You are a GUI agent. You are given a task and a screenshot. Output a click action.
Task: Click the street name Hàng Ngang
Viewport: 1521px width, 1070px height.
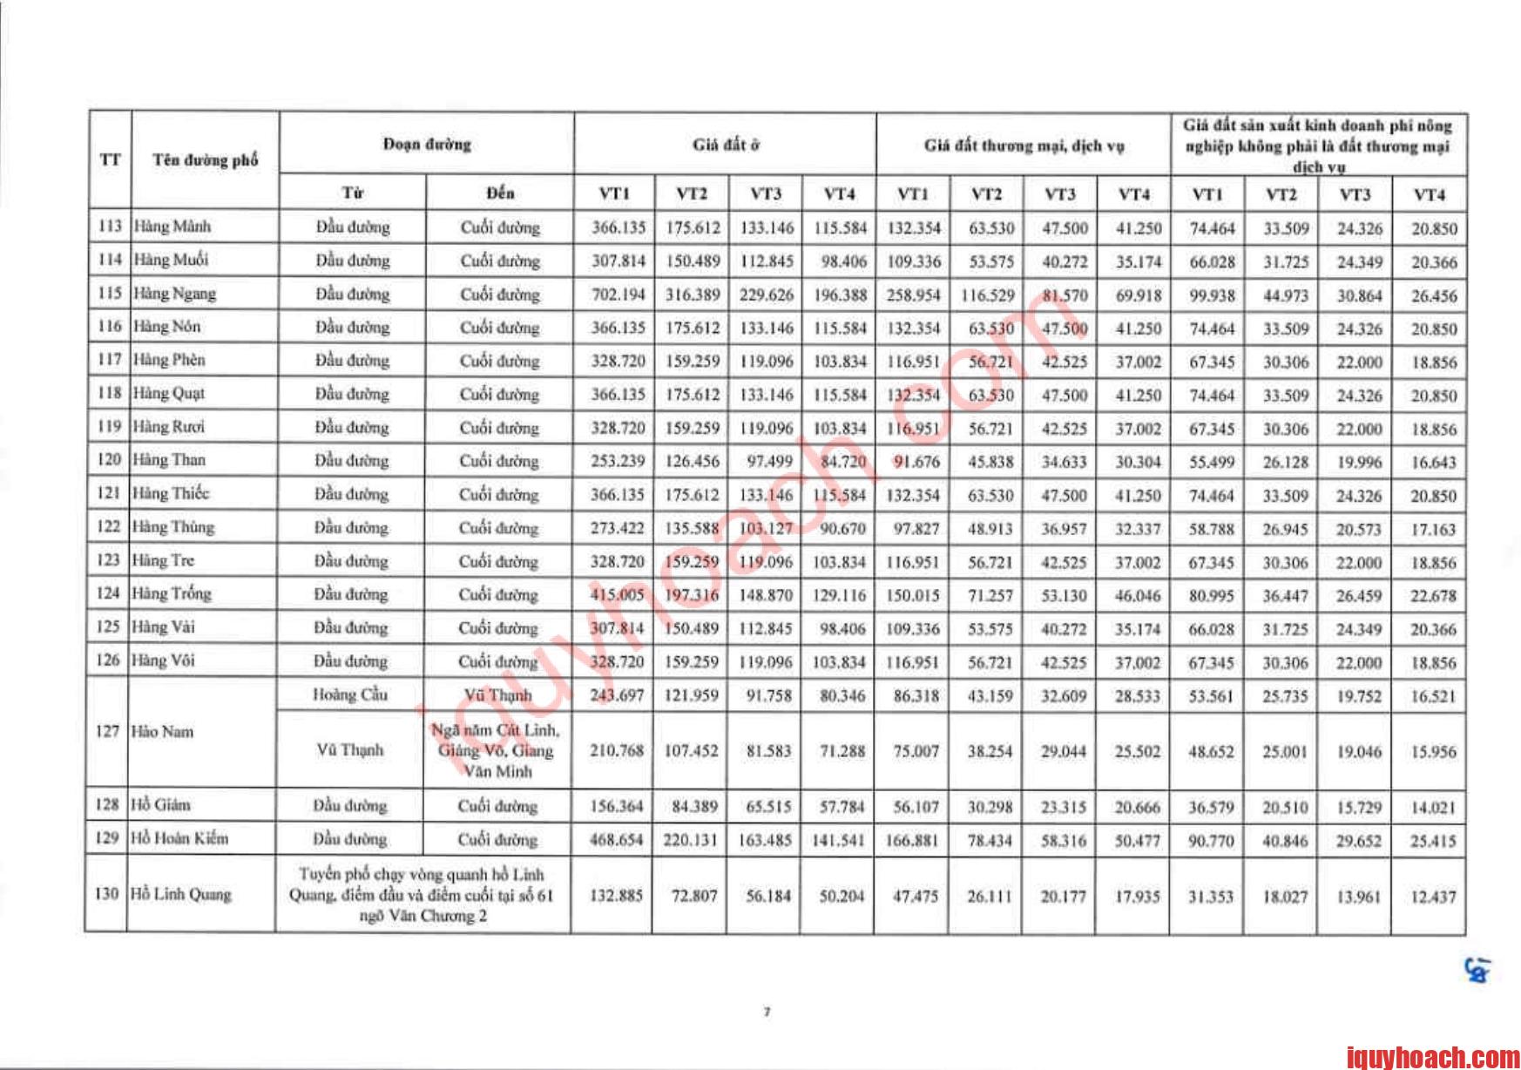pos(174,294)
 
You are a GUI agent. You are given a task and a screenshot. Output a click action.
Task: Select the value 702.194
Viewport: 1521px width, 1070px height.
pos(619,295)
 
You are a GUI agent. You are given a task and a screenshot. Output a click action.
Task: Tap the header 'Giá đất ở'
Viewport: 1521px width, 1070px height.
pos(726,146)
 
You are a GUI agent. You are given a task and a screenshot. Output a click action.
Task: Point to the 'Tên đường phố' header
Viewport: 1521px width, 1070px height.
pos(206,160)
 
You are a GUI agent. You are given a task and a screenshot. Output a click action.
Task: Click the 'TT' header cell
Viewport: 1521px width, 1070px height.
pos(111,160)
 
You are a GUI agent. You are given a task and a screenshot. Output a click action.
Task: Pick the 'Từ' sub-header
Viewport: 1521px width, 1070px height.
pos(353,193)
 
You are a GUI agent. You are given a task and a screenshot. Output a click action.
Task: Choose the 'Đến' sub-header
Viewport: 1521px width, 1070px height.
pos(500,193)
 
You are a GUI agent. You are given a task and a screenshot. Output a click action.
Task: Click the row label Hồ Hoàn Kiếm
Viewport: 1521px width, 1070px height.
pos(179,838)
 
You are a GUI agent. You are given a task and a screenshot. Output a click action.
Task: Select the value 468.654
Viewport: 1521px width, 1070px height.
pos(617,840)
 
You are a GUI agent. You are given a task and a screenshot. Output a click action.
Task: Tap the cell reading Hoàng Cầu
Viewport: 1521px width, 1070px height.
pos(350,694)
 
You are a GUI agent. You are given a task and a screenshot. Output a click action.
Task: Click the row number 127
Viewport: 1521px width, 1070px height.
pos(107,731)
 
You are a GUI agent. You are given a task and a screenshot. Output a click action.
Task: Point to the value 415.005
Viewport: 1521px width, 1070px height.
pos(617,595)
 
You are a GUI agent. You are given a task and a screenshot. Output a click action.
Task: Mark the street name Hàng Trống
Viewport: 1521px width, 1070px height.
pos(172,593)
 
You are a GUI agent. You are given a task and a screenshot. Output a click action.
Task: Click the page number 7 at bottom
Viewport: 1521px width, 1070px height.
pos(767,1012)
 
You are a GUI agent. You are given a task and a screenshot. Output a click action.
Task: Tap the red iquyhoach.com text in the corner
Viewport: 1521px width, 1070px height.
pos(1433,1057)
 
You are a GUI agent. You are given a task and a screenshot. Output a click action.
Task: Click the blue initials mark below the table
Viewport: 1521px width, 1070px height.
pos(1477,970)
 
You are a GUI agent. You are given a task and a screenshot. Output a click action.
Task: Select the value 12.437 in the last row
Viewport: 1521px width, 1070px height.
pos(1433,896)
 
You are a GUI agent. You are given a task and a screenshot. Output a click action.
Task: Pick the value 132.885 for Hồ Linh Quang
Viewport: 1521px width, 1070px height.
pos(616,896)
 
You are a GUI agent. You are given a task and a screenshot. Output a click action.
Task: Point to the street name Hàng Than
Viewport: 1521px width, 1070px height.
pos(169,460)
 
